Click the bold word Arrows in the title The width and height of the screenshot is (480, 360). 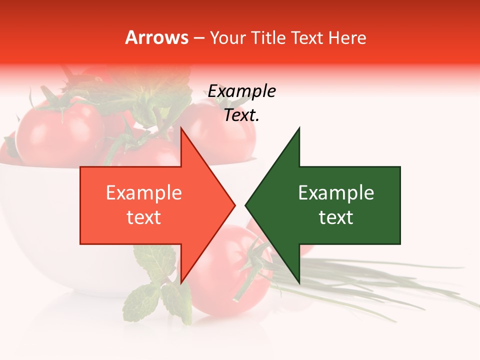pyautogui.click(x=157, y=37)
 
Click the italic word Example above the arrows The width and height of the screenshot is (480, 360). pyautogui.click(x=242, y=91)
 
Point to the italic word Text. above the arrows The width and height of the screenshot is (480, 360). pyautogui.click(x=242, y=115)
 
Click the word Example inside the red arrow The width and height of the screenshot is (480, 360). pyautogui.click(x=144, y=193)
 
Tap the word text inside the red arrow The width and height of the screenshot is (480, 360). pyautogui.click(x=144, y=217)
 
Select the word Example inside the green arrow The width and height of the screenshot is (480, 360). pyautogui.click(x=336, y=193)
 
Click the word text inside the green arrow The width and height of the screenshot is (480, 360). pyautogui.click(x=336, y=217)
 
